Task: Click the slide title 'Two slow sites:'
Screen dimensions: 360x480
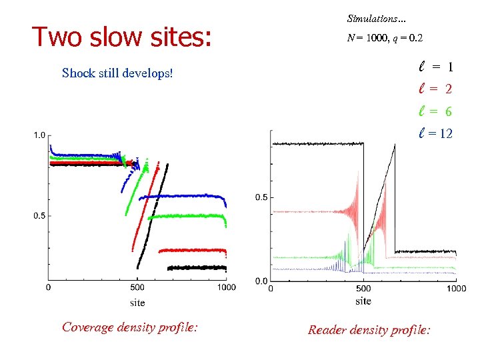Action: (121, 38)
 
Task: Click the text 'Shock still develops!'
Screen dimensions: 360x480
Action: (117, 73)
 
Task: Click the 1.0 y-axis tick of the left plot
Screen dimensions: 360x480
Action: (39, 135)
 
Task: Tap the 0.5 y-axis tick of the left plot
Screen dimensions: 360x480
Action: (39, 216)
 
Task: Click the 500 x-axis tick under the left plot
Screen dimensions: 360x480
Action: (137, 288)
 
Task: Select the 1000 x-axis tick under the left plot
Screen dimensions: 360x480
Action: (226, 288)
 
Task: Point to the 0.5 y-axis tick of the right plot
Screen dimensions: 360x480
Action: (262, 197)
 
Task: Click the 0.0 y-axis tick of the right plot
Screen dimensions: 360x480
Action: (262, 280)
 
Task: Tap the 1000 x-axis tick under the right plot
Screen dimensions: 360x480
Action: (456, 289)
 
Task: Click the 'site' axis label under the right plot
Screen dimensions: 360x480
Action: (363, 301)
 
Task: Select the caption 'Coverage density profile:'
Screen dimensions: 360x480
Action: (129, 327)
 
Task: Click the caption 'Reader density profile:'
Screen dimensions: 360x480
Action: (369, 329)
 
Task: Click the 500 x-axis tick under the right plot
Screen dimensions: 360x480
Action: (363, 289)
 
